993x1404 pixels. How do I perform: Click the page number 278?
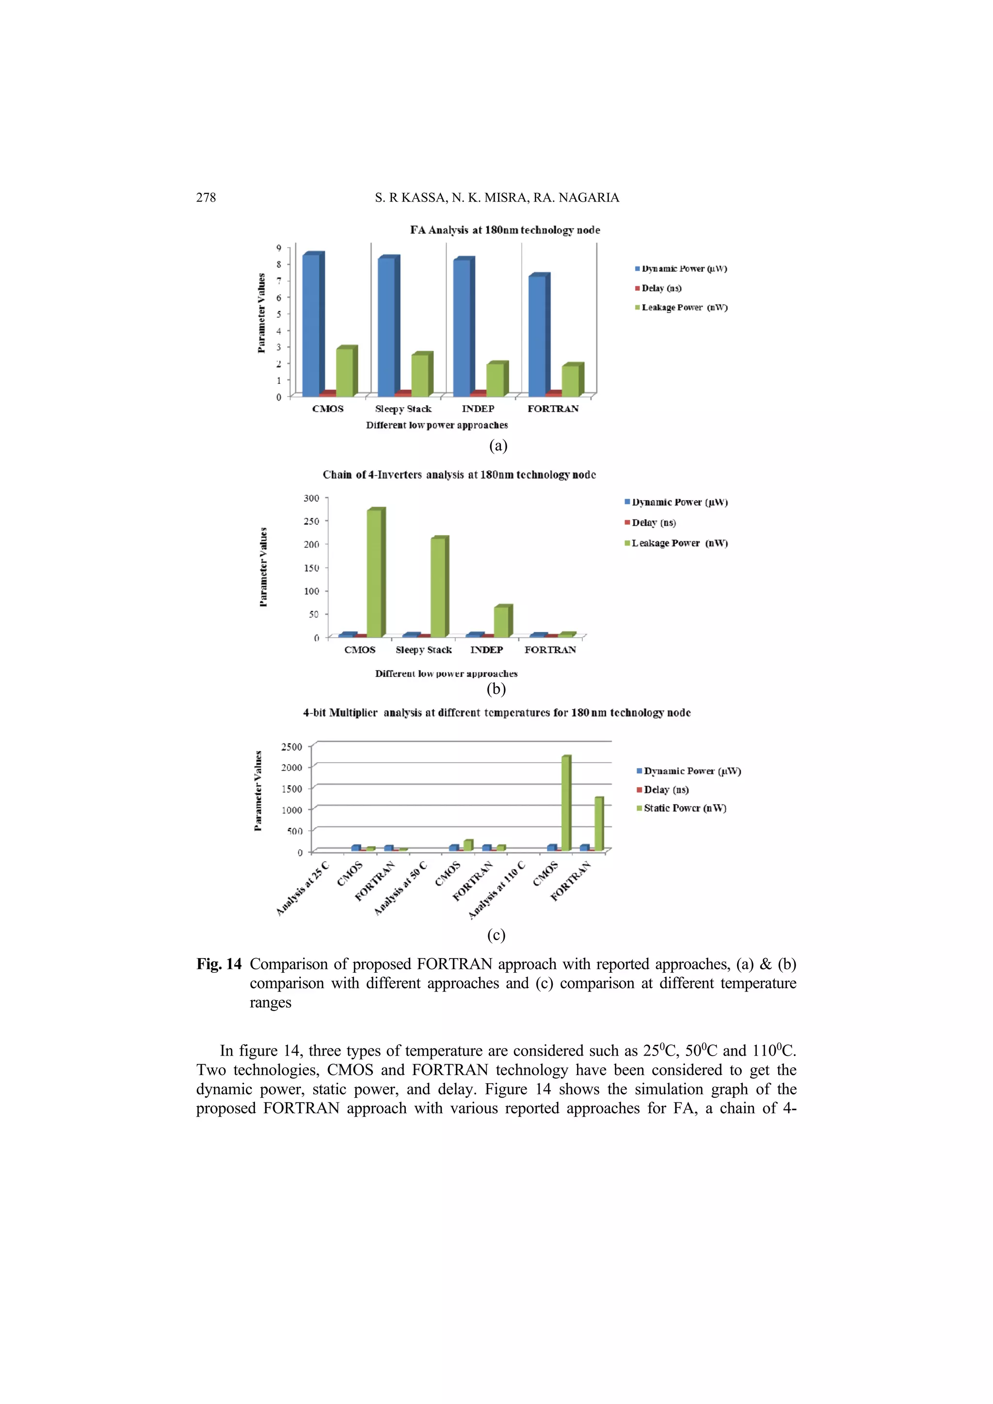point(206,198)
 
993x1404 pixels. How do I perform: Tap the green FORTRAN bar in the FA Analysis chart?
point(570,381)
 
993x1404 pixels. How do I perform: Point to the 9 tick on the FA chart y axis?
point(278,248)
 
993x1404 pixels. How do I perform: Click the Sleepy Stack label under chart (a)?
point(403,409)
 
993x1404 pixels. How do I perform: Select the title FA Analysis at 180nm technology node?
point(505,230)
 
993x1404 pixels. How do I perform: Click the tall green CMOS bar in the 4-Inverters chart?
point(374,573)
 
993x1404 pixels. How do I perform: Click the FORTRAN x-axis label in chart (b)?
point(550,649)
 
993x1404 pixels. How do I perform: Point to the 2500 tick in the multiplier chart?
point(291,747)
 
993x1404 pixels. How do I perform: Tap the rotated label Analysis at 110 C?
point(497,890)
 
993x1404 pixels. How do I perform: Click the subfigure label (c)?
point(496,935)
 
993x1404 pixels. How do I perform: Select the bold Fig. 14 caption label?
point(219,964)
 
